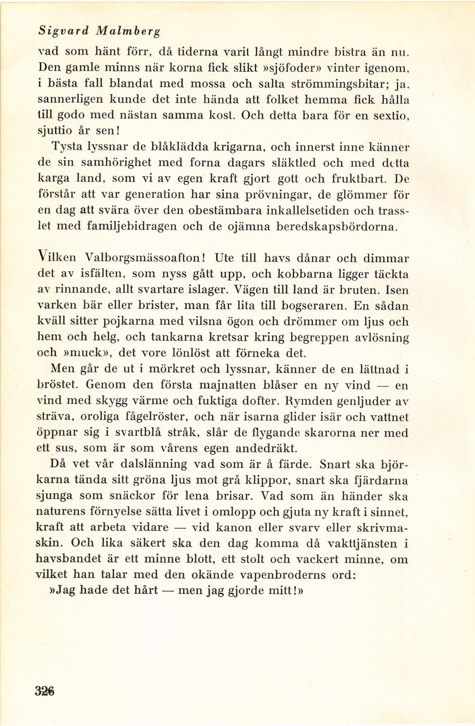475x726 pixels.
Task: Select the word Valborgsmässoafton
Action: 145,258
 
